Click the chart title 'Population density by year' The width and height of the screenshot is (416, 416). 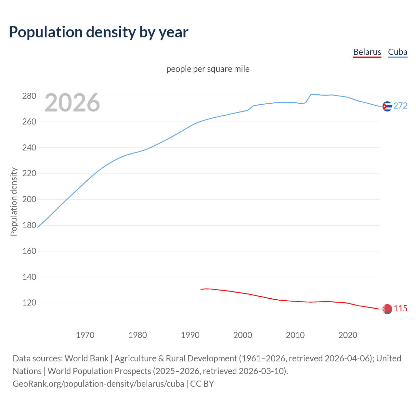tap(98, 32)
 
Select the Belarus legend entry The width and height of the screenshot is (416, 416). tap(367, 52)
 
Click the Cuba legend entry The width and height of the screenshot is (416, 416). tap(397, 52)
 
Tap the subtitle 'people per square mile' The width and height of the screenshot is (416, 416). tap(208, 69)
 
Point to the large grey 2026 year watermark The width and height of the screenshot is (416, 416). tap(72, 103)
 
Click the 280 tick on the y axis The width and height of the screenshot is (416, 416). tap(29, 96)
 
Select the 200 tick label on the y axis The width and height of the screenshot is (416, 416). tap(29, 199)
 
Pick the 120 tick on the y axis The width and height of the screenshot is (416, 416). tap(29, 303)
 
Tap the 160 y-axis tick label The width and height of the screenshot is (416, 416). tap(29, 251)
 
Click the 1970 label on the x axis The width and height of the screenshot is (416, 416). tap(85, 335)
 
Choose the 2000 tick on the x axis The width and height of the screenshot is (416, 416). tap(243, 335)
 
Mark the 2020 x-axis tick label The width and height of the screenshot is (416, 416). tap(348, 335)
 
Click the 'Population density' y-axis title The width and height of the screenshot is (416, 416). tap(14, 201)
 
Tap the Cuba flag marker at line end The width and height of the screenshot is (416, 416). tap(387, 106)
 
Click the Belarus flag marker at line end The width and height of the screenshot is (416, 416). tap(387, 309)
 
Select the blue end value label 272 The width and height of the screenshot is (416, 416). tap(400, 106)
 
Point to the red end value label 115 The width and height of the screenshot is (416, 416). tap(400, 308)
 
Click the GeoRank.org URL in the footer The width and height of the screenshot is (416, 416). tap(98, 384)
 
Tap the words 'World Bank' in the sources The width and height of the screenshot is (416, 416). tap(86, 358)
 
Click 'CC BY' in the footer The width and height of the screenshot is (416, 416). tap(202, 384)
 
